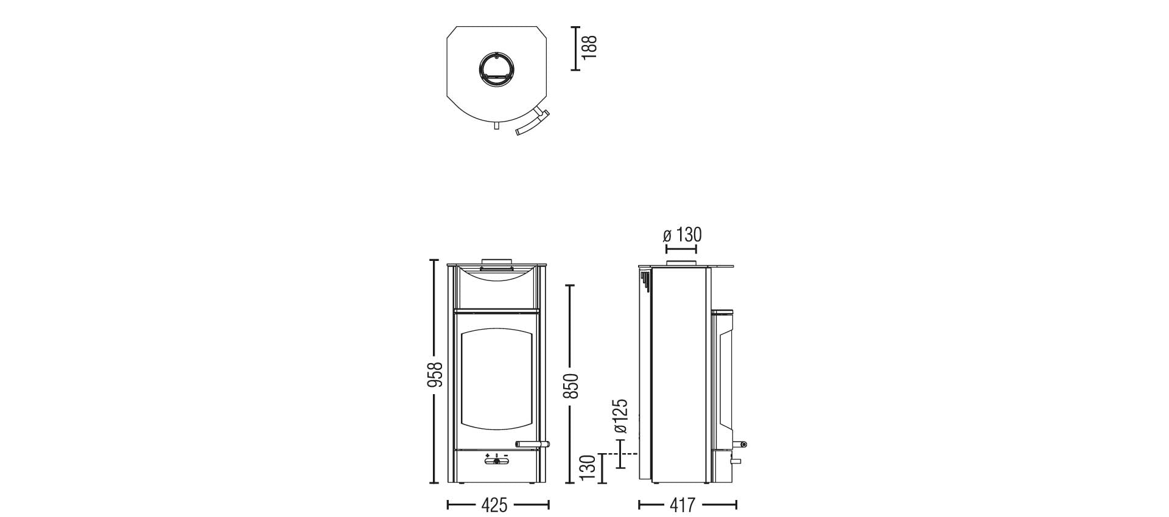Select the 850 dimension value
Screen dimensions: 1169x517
[x=572, y=386]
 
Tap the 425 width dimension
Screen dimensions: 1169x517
[x=494, y=505]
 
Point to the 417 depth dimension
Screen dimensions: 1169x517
[x=683, y=505]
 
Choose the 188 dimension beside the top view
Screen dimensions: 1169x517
[x=589, y=47]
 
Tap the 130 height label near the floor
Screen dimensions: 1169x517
[x=587, y=468]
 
